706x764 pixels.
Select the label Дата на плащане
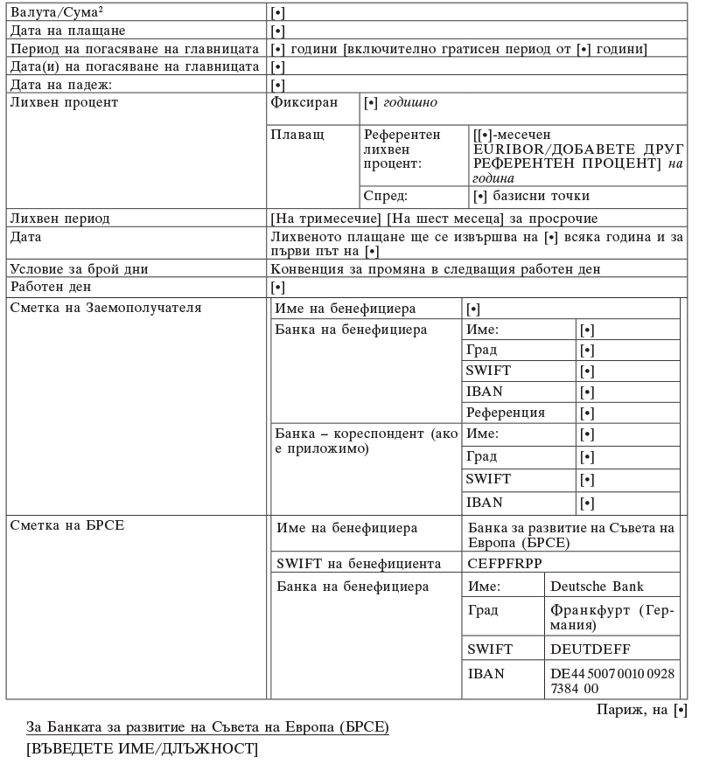point(62,31)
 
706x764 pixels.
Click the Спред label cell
point(385,196)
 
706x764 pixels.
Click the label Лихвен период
point(59,218)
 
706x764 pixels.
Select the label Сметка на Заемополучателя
point(106,308)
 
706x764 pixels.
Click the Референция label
point(506,412)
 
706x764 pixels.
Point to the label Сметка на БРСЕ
point(66,525)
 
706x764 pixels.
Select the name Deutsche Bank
point(598,586)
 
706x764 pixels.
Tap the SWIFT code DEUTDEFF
point(591,649)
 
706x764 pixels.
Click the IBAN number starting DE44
point(612,681)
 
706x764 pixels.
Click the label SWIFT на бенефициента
point(358,564)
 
